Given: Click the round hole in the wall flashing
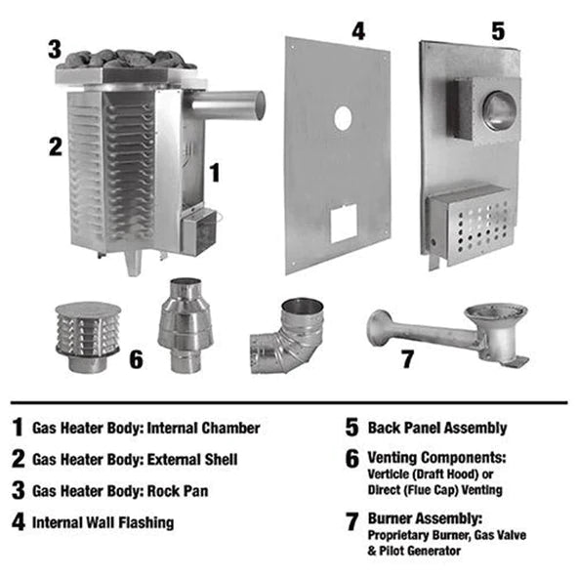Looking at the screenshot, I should pos(343,118).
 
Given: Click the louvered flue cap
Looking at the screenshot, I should pos(82,334).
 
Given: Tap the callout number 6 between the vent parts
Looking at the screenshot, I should pos(135,359).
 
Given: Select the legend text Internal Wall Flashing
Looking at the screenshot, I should pos(103,521).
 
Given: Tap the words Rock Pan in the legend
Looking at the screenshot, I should pos(185,490).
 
